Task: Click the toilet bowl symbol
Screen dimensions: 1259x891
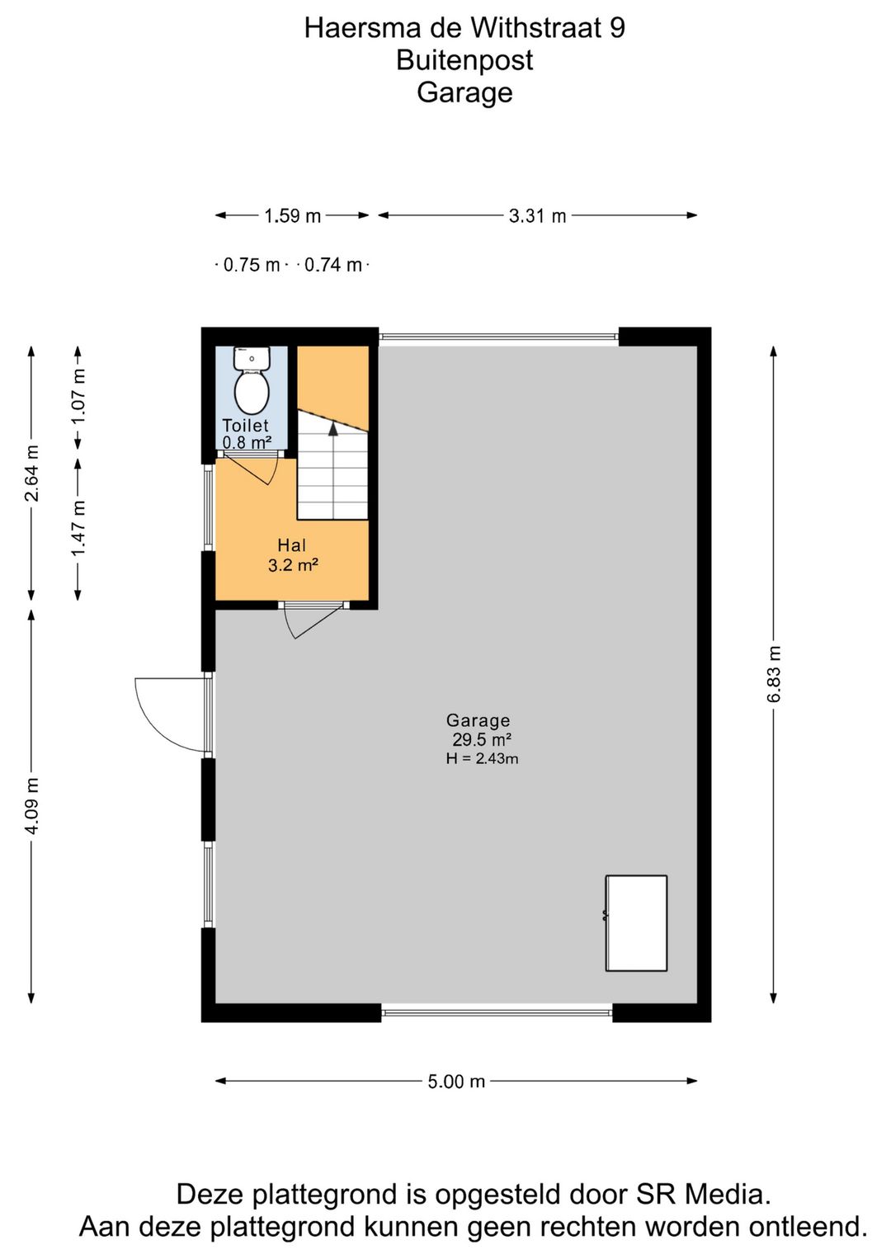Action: pos(252,391)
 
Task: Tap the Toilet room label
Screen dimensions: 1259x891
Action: pos(246,426)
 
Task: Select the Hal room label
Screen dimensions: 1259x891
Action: pos(292,545)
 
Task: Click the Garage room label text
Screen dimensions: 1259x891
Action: pos(478,720)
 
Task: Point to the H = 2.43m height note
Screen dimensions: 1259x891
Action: pos(482,759)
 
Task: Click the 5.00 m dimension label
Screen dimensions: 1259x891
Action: pos(456,1082)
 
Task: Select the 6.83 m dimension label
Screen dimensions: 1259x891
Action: pos(774,674)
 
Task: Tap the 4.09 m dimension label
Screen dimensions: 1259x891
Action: pos(32,805)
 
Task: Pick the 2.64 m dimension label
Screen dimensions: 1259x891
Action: pos(32,473)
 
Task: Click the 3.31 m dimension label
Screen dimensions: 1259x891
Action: pos(537,216)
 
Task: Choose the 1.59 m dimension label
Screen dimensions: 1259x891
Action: pos(292,216)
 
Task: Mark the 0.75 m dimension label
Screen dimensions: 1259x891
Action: pos(252,265)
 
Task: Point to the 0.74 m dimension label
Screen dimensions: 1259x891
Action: pos(333,265)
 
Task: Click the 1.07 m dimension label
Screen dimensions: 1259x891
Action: pos(78,396)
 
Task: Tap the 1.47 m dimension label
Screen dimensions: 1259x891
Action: pos(78,527)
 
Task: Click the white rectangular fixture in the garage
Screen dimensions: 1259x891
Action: pos(636,923)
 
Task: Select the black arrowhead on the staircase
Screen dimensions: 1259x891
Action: pos(332,428)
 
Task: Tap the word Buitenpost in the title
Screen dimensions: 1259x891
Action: pos(464,60)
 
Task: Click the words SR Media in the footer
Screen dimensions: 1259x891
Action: pos(703,1195)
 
